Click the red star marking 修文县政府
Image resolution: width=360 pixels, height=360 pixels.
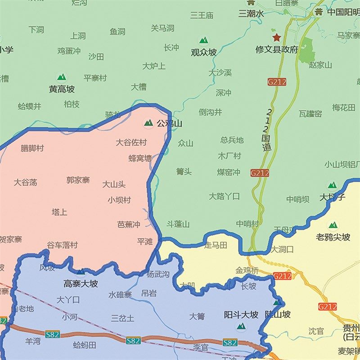[x=275, y=37]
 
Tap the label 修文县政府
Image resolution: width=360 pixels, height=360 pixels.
[x=277, y=49]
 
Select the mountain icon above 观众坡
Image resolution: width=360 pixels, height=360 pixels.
[x=204, y=41]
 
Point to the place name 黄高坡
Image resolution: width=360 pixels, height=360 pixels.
[x=62, y=89]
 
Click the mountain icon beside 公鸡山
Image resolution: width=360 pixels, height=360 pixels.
[x=148, y=122]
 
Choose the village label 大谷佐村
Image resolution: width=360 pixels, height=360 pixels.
[x=131, y=142]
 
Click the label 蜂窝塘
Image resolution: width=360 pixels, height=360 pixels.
[x=140, y=158]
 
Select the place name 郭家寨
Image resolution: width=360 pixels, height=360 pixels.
[x=78, y=180]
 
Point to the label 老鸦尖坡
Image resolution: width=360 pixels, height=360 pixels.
[x=333, y=237]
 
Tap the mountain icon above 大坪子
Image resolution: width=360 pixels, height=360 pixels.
[x=332, y=185]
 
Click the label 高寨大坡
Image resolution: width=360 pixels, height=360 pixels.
[x=81, y=283]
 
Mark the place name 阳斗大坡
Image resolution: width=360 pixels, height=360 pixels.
[x=241, y=315]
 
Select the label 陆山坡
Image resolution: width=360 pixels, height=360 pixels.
[x=278, y=314]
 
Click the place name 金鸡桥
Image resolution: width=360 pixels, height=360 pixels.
[x=247, y=270]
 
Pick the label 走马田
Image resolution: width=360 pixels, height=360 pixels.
[x=216, y=245]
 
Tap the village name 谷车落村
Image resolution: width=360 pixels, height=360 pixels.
[x=63, y=245]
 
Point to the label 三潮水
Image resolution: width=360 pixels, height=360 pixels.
[x=251, y=14]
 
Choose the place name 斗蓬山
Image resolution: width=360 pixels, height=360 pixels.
[x=178, y=224]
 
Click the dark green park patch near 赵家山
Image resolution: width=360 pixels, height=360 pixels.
[x=306, y=49]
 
